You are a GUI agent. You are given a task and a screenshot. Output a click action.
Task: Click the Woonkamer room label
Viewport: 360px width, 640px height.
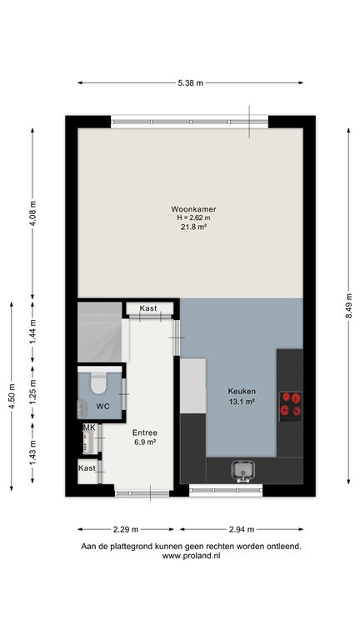pyautogui.click(x=193, y=209)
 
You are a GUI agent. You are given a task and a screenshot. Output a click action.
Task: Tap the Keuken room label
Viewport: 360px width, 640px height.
pyautogui.click(x=241, y=391)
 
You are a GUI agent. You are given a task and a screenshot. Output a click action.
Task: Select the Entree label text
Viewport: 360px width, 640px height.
pyautogui.click(x=144, y=432)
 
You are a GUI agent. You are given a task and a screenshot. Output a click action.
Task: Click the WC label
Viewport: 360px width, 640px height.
pyautogui.click(x=102, y=407)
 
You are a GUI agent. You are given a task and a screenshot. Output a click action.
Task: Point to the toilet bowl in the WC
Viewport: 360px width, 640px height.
pyautogui.click(x=98, y=383)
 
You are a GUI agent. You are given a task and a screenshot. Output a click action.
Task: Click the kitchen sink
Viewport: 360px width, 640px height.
pyautogui.click(x=242, y=471)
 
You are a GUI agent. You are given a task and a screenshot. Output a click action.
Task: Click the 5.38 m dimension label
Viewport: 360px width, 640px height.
pyautogui.click(x=190, y=82)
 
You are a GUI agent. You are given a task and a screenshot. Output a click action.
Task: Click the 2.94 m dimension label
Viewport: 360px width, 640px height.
pyautogui.click(x=241, y=529)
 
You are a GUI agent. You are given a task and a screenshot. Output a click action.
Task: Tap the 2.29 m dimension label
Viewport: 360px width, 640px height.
pyautogui.click(x=125, y=529)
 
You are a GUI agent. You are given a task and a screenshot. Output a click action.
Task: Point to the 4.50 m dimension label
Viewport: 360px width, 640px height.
pyautogui.click(x=12, y=397)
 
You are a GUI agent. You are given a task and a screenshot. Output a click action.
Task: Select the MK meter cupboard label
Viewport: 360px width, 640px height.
pyautogui.click(x=89, y=427)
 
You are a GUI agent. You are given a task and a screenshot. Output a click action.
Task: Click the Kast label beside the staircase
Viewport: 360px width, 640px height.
pyautogui.click(x=148, y=308)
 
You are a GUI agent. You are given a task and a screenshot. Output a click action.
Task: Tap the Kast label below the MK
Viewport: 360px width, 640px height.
pyautogui.click(x=87, y=467)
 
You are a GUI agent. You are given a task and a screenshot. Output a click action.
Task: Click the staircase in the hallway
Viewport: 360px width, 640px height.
pyautogui.click(x=100, y=332)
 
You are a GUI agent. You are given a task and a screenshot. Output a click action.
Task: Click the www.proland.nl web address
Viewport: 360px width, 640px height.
pyautogui.click(x=191, y=556)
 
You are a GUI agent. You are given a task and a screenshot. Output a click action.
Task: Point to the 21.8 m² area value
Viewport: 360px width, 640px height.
pyautogui.click(x=192, y=227)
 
